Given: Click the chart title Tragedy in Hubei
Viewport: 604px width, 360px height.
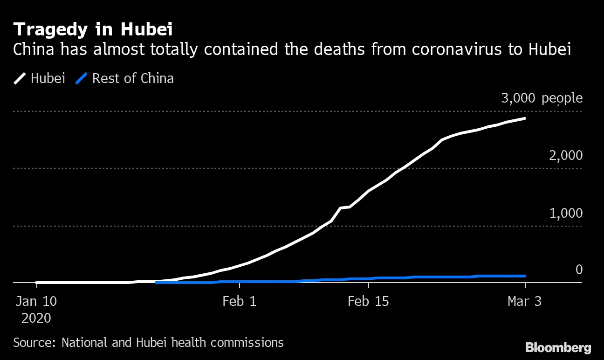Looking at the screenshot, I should (93, 29).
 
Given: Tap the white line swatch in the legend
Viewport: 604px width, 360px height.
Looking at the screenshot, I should (21, 78).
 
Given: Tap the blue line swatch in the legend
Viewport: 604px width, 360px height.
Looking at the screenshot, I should (82, 78).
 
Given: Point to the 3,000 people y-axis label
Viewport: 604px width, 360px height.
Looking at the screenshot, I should (542, 98).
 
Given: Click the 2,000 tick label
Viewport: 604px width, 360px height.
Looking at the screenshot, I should (565, 155).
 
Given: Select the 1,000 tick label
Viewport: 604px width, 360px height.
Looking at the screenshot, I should (565, 213).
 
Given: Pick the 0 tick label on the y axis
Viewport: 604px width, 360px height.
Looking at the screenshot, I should (579, 270).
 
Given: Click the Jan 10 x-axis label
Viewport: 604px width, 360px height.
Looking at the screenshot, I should (36, 301).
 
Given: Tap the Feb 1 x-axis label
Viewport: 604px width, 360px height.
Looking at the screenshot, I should (239, 301).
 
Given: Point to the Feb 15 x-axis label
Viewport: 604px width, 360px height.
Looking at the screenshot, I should (368, 301).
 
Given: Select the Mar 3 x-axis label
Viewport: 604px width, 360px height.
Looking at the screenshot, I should (525, 301).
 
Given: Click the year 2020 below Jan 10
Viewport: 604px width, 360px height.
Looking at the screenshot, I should (36, 318).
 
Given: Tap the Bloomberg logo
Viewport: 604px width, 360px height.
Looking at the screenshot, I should (558, 347).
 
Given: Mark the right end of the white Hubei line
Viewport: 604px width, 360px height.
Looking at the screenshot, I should (525, 118).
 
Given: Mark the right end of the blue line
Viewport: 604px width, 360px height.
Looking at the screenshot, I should (525, 276).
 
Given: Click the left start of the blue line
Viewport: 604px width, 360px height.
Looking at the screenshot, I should (156, 282).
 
